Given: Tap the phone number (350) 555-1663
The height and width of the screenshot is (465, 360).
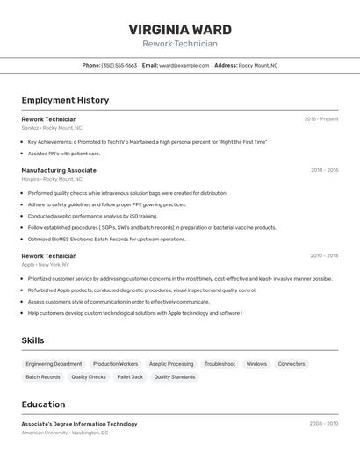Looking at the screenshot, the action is coord(119,65).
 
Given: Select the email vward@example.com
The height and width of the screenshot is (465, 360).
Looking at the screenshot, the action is coord(177,65).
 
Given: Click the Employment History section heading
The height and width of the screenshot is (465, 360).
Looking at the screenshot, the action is coord(65,100).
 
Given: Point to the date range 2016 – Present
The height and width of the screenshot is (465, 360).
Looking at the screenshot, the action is coord(320,119).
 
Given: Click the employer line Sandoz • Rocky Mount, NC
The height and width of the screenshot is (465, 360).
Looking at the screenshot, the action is coord(52,128).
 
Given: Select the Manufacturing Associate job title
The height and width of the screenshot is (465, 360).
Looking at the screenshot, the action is coord(59,170).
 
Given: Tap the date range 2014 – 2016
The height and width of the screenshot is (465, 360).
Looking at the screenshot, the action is coord(324,170).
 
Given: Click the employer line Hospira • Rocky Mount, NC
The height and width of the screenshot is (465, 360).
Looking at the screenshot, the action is coord(53,179).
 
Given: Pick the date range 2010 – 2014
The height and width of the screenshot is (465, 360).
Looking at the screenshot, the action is coord(324,256).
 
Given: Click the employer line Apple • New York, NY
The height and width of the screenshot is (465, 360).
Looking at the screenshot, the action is coord(46,265).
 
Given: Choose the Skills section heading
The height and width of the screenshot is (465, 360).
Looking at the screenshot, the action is coord(32,340).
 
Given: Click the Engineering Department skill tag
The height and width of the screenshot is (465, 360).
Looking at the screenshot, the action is coord(54,364).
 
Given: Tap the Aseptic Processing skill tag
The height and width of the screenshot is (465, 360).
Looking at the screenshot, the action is coord(171,364).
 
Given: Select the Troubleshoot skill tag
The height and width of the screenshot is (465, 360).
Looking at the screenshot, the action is coord(220,364).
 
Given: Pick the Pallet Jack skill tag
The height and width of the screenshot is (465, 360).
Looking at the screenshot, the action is coord(130,377).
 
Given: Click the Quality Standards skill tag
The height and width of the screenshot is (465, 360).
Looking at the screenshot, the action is coord(175,377).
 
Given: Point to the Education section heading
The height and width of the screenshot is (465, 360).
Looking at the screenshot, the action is coord(43,404).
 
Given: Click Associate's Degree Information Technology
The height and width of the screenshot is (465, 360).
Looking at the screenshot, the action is coord(79,424).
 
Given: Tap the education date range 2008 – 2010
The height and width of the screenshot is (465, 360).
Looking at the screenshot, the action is coord(324,424).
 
